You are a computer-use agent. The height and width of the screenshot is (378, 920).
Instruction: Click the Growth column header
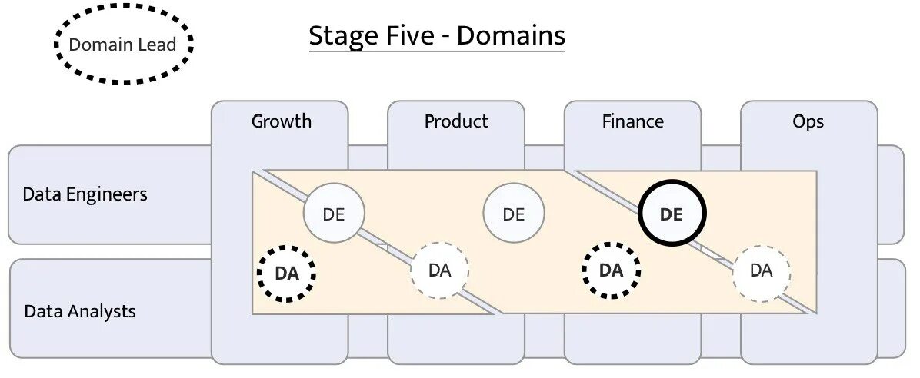click(282, 121)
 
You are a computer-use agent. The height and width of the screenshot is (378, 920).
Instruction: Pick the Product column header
click(456, 121)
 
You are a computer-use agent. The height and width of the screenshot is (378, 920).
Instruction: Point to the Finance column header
click(633, 121)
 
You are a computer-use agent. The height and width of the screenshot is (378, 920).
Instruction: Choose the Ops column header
click(808, 121)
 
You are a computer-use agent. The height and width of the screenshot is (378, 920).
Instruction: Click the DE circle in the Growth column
click(334, 214)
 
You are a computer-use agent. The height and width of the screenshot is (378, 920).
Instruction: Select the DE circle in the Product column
click(514, 214)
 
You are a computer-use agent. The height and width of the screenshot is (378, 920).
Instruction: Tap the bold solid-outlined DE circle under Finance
click(672, 214)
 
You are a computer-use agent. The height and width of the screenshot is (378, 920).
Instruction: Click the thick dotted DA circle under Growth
click(286, 274)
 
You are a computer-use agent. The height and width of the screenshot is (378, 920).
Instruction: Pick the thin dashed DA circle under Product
click(439, 270)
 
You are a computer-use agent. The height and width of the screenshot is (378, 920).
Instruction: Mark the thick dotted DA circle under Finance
click(611, 270)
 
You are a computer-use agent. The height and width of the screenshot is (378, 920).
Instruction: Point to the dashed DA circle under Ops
click(761, 270)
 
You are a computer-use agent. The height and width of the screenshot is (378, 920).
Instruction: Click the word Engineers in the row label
click(106, 194)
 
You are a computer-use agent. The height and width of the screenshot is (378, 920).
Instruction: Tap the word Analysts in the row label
click(102, 311)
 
